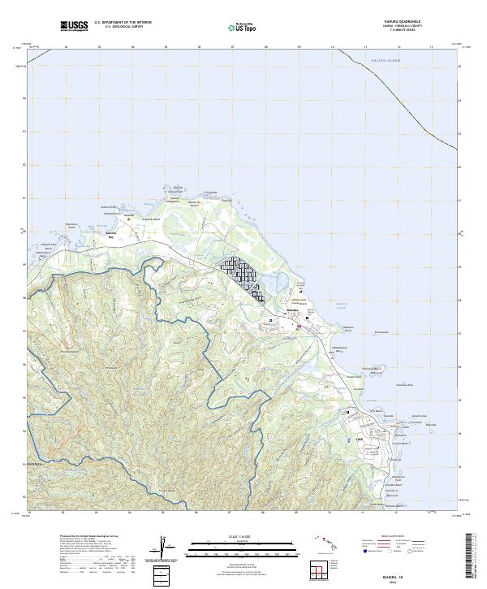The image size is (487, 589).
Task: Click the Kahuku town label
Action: tap(293, 311)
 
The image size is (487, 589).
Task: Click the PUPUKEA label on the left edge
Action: tap(37, 465)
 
